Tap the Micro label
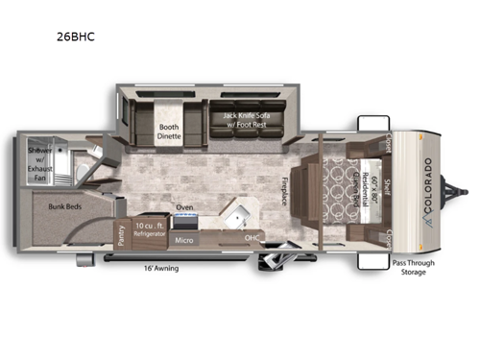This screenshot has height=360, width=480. pos(185,238)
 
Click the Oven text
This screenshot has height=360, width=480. pos(184,206)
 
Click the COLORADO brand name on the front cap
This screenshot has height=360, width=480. pos(427,182)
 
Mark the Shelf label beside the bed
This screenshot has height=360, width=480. pos(385,183)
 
